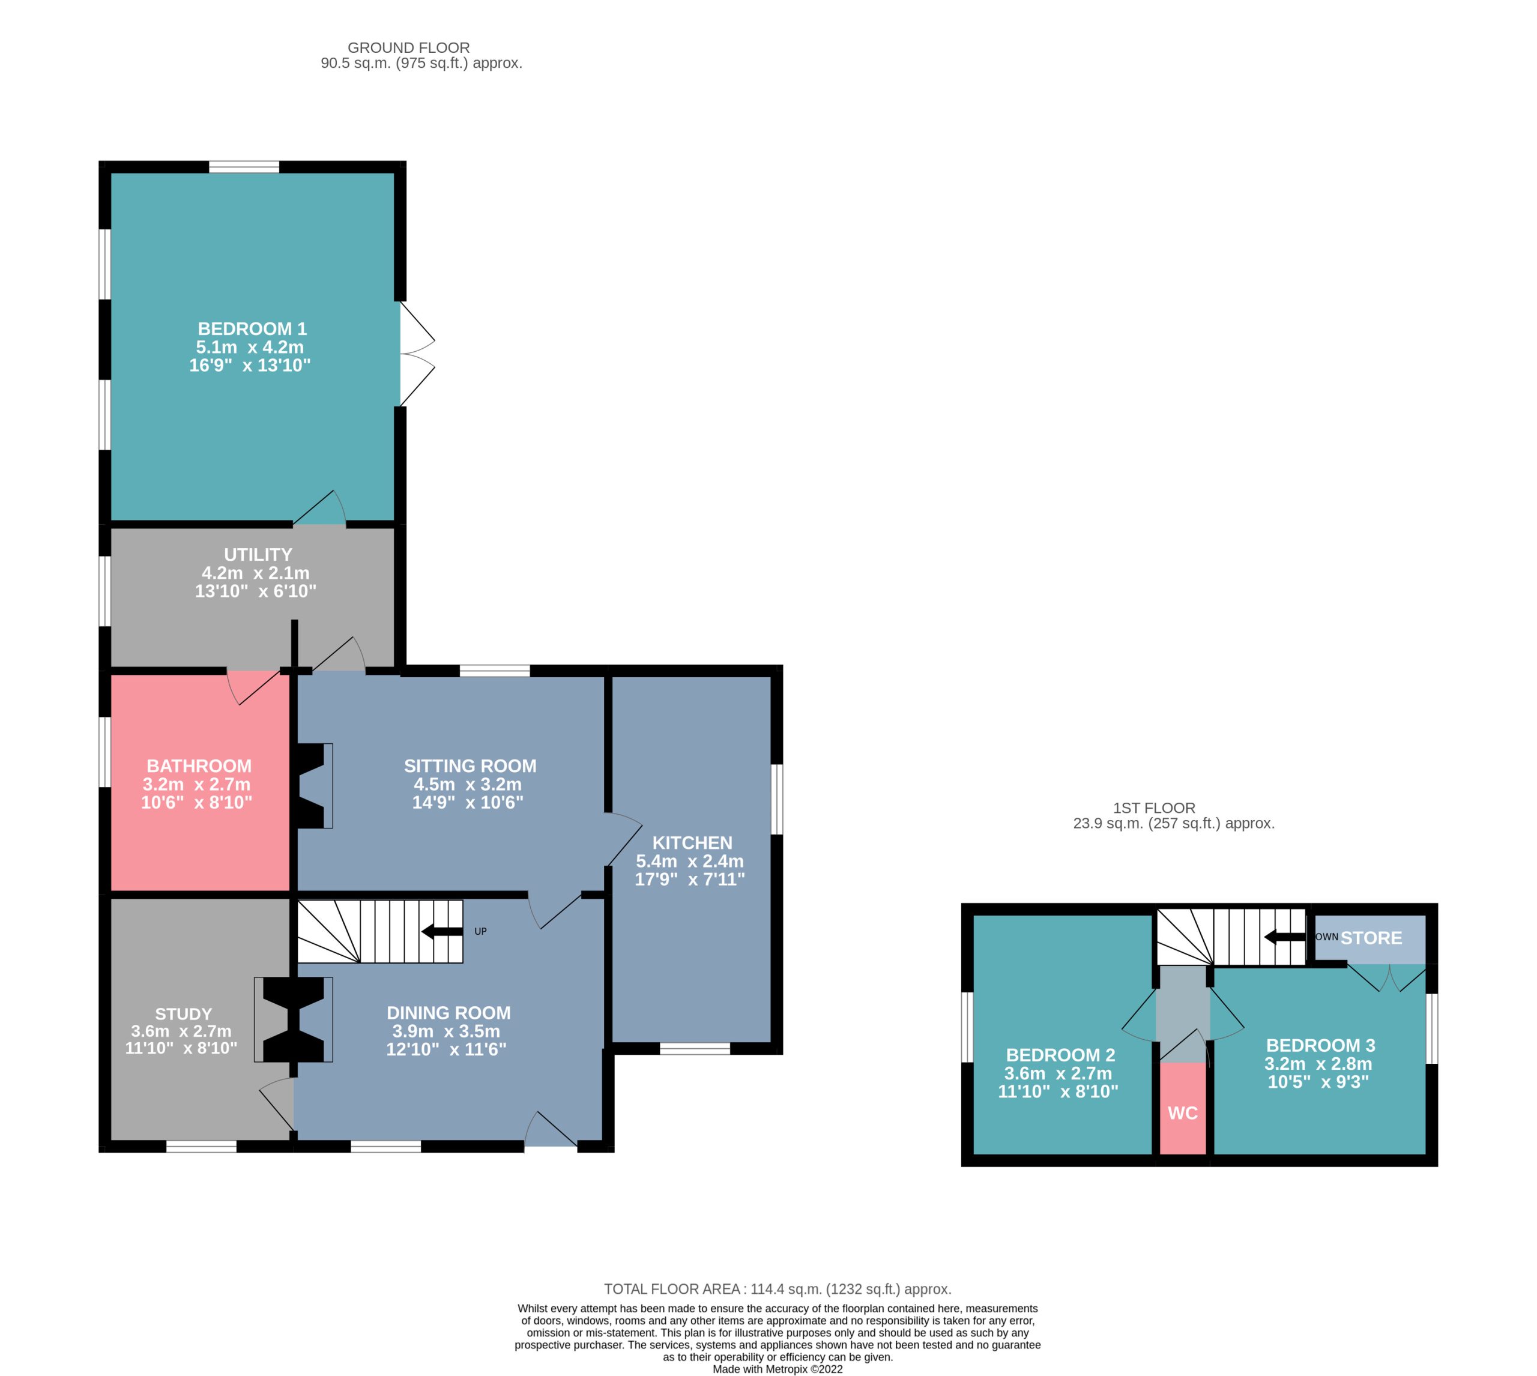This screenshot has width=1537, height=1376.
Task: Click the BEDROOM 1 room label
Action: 252,329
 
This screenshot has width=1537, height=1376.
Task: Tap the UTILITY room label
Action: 258,555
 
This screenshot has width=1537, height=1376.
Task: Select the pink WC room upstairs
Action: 1182,1108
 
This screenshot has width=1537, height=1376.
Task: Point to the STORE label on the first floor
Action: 1371,938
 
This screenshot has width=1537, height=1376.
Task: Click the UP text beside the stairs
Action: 480,932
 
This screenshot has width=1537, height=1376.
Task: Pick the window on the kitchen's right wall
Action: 776,799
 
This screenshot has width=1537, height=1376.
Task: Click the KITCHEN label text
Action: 692,843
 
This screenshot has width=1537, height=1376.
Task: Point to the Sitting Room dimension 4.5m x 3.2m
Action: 467,784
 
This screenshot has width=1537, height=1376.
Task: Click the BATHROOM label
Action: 199,766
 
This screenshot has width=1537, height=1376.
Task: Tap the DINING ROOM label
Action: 448,1013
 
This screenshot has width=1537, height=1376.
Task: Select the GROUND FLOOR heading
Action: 408,47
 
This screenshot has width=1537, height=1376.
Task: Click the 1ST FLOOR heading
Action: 1154,808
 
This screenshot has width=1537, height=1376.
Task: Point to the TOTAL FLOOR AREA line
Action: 777,1289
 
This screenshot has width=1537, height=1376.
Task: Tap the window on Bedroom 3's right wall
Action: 1431,1029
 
